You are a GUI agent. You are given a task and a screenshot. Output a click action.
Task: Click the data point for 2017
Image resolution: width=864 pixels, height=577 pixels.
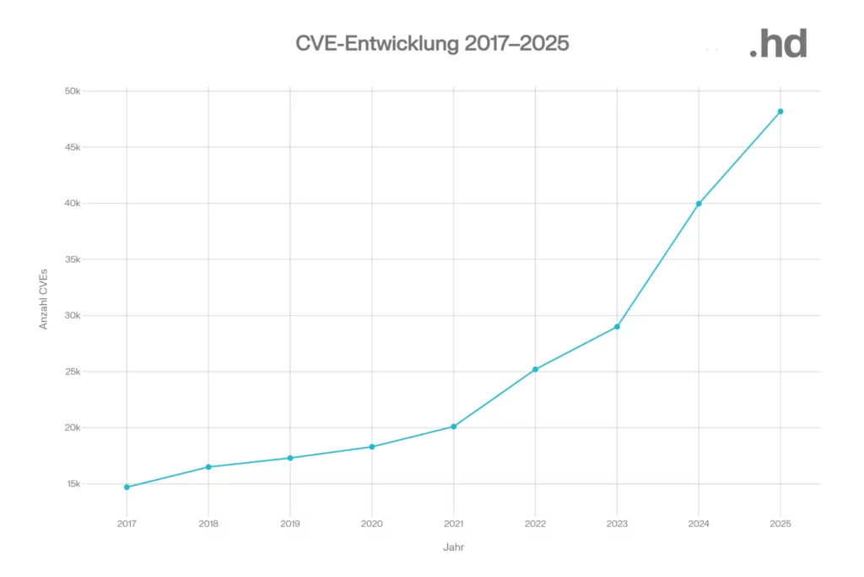127,487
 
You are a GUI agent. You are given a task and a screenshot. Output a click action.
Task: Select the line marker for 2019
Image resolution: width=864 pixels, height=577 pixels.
290,458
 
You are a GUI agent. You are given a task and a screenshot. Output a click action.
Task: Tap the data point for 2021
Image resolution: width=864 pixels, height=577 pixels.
454,427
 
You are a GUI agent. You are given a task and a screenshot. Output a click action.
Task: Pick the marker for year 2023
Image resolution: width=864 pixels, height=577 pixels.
617,327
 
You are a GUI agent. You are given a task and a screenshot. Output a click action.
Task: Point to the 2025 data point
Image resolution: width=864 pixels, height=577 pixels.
780,112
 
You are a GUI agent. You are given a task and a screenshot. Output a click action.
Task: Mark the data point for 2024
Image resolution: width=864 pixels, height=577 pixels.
699,204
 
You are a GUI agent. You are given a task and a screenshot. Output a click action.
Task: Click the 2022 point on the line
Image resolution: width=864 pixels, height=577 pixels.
536,369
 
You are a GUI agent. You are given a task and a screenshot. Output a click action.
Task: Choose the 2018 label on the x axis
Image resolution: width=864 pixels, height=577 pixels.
208,524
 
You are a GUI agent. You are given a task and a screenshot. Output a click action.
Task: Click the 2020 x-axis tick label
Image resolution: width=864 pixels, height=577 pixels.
372,524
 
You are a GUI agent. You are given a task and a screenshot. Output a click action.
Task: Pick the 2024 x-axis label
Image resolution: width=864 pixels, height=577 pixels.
699,524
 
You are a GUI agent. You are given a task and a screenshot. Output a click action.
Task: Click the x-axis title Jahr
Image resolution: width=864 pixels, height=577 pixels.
454,547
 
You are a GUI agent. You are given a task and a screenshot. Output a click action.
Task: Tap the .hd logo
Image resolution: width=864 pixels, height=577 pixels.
778,44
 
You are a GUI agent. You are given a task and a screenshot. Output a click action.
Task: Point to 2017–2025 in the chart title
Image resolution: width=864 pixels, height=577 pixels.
516,44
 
